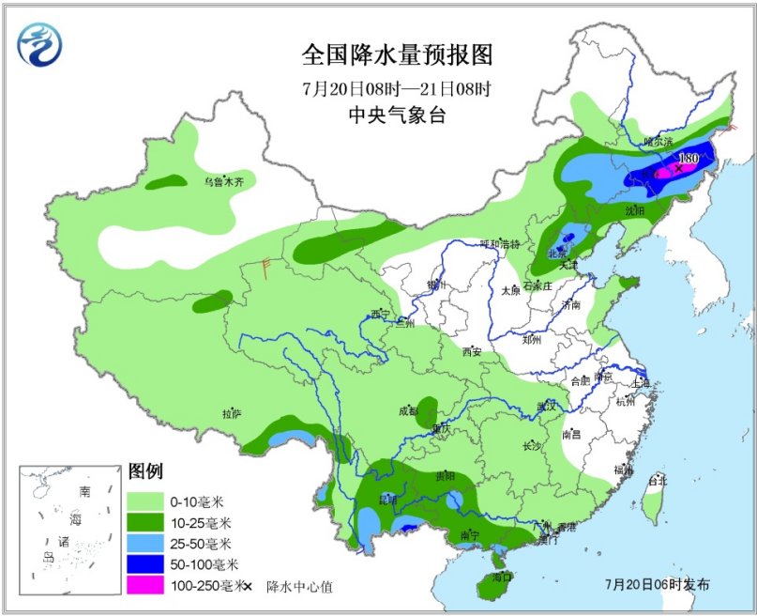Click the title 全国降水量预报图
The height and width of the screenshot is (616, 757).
coord(397,54)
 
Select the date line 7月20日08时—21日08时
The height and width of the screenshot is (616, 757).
coord(397,90)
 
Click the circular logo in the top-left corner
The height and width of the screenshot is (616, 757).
coord(43,45)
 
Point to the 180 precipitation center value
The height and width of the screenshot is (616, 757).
coord(688,159)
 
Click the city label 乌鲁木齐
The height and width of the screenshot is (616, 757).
coord(223,181)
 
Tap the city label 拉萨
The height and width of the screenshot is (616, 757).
coord(232,413)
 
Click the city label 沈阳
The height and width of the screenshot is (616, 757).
coord(634,211)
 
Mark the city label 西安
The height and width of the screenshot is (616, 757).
coord(470,352)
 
